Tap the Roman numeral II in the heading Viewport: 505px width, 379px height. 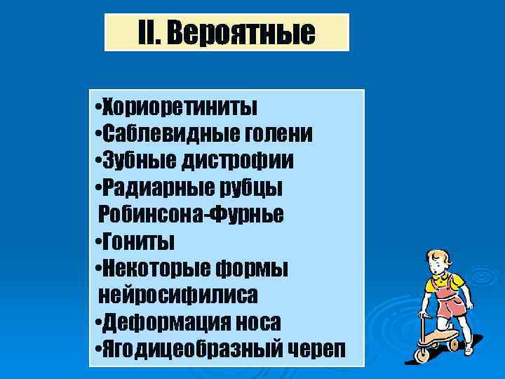pyautogui.click(x=149, y=32)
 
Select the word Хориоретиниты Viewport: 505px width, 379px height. pyautogui.click(x=180, y=107)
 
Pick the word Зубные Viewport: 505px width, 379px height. pyautogui.click(x=140, y=161)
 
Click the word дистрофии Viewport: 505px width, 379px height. pyautogui.click(x=238, y=161)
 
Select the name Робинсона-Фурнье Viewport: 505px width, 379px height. pyautogui.click(x=191, y=214)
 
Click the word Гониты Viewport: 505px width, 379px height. pyautogui.click(x=138, y=241)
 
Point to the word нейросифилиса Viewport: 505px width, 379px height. pyautogui.click(x=178, y=295)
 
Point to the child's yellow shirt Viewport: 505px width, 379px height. pyautogui.click(x=449, y=284)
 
